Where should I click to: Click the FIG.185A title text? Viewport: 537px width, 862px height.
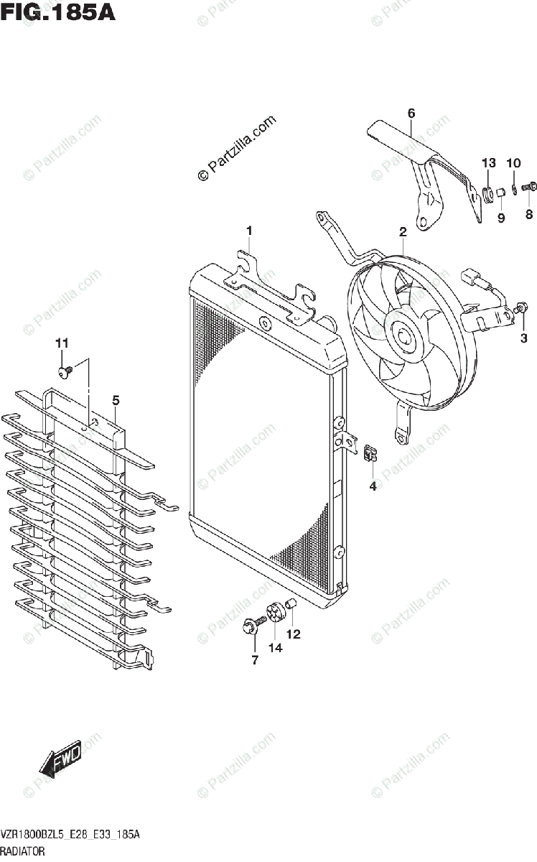point(58,12)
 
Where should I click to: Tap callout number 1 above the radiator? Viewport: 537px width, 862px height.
point(249,231)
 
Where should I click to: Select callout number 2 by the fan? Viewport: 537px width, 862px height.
point(403,231)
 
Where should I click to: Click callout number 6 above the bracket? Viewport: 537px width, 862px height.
point(411,113)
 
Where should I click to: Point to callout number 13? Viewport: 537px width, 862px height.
point(488,164)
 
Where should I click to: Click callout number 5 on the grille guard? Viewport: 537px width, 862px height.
point(115,400)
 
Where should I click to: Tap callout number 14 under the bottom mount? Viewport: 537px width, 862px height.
point(276,647)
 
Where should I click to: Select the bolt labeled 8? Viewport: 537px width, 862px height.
point(530,187)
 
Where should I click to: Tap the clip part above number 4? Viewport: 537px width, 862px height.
point(370,453)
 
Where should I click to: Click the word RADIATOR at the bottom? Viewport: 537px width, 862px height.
point(24,851)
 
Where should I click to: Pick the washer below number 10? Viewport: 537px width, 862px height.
point(515,190)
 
